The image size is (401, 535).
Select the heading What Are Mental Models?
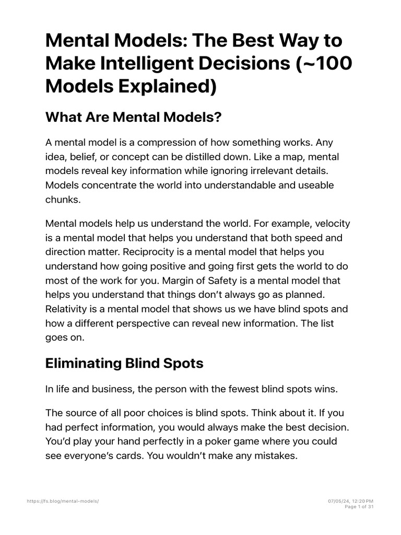point(134,118)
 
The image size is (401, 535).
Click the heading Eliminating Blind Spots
point(124,363)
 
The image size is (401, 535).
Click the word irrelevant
point(258,171)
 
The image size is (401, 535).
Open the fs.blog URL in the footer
point(63,501)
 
